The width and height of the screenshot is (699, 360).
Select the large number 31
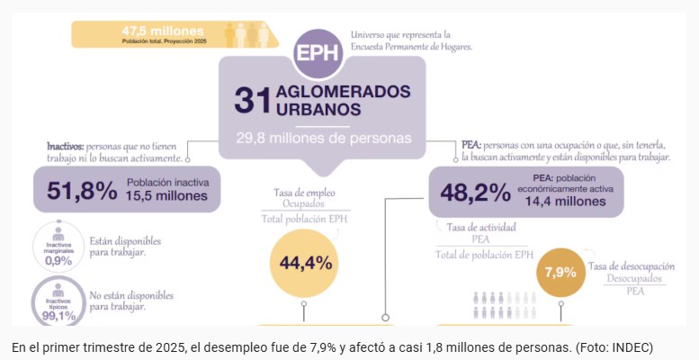pyautogui.click(x=252, y=100)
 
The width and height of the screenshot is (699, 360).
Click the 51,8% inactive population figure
pyautogui.click(x=76, y=190)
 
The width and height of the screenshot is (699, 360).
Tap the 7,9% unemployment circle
pyautogui.click(x=560, y=271)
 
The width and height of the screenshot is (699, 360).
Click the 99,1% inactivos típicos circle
pyautogui.click(x=58, y=302)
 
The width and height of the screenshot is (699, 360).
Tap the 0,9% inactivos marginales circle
pyautogui.click(x=58, y=247)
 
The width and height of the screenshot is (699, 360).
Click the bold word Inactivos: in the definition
pyautogui.click(x=66, y=145)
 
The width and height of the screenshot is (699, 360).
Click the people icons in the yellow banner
pyautogui.click(x=250, y=34)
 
